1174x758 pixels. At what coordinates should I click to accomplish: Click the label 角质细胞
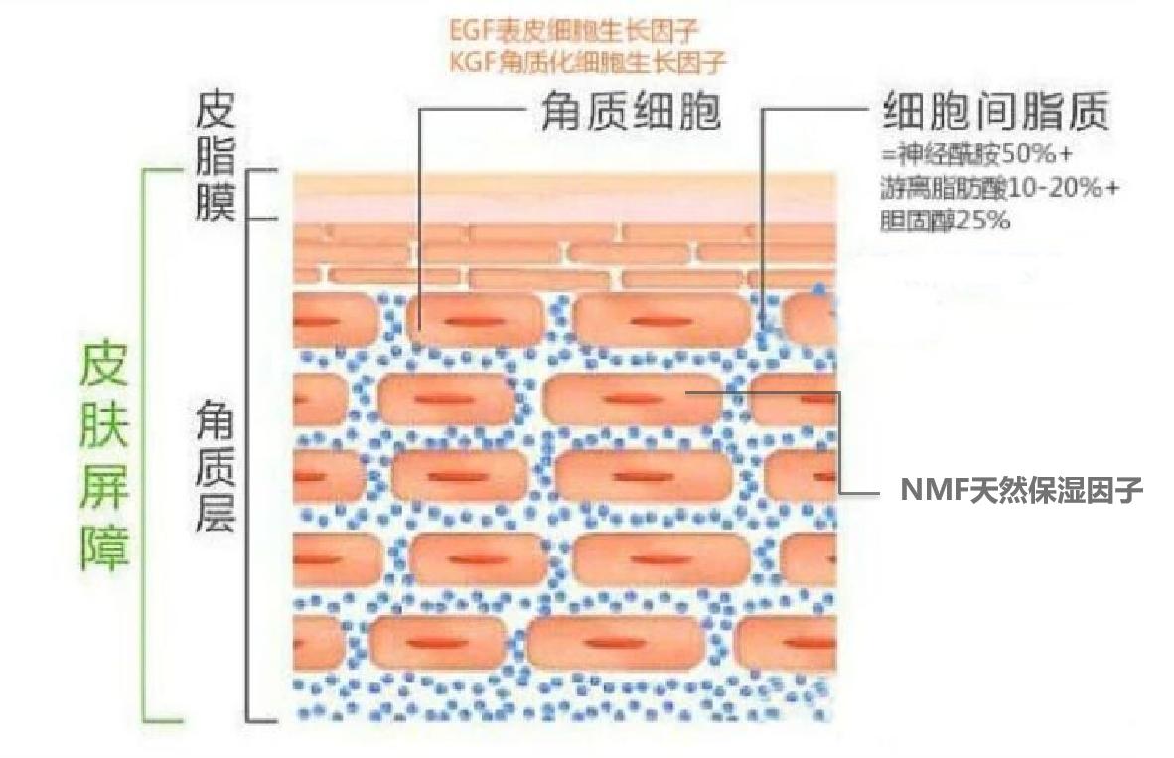coord(629,112)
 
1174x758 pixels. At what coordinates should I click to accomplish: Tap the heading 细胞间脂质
coord(995,112)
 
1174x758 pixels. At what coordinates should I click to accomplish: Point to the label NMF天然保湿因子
coord(1022,490)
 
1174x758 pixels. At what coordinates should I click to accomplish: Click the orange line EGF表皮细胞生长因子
coord(588,30)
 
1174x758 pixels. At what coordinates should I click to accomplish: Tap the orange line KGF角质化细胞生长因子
coord(588,62)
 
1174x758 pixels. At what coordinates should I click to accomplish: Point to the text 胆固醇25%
coord(945,220)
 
